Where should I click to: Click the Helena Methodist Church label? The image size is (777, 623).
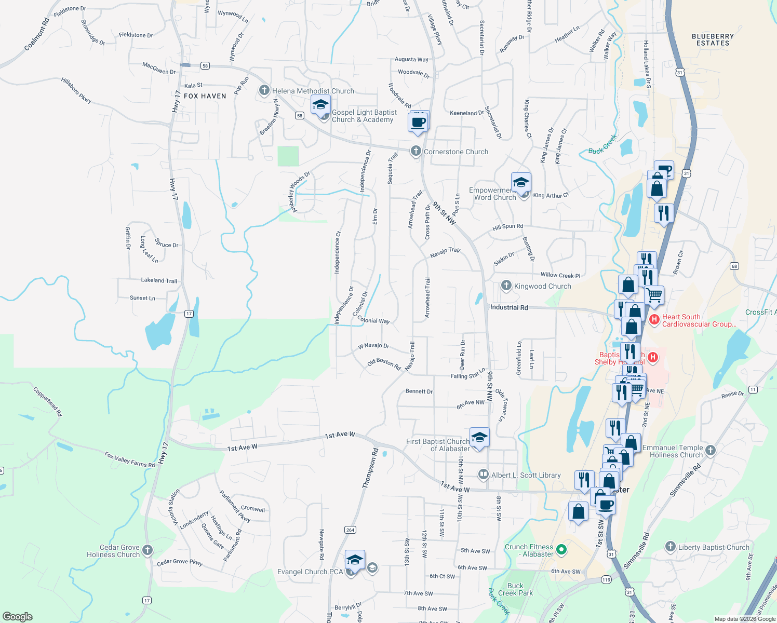pyautogui.click(x=313, y=91)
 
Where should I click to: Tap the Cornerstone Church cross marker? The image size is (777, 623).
pyautogui.click(x=416, y=151)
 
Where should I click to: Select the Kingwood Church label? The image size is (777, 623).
pyautogui.click(x=542, y=286)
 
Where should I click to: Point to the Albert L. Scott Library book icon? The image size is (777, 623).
pyautogui.click(x=483, y=475)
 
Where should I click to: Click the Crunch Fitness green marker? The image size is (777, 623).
pyautogui.click(x=561, y=549)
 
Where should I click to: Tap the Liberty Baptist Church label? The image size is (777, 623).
pyautogui.click(x=714, y=547)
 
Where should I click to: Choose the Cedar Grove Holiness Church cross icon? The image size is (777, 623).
pyautogui.click(x=148, y=550)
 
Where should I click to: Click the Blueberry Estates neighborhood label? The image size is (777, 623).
pyautogui.click(x=713, y=40)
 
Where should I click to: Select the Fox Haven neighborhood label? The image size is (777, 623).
pyautogui.click(x=205, y=96)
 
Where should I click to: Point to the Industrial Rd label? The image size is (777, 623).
pyautogui.click(x=509, y=307)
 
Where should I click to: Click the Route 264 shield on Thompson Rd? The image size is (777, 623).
pyautogui.click(x=350, y=530)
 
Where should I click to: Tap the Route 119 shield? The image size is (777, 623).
pyautogui.click(x=606, y=579)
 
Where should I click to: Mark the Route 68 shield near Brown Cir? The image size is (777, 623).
pyautogui.click(x=734, y=266)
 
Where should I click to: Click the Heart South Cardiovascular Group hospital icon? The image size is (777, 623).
pyautogui.click(x=654, y=319)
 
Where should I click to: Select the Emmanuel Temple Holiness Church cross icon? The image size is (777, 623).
pyautogui.click(x=711, y=450)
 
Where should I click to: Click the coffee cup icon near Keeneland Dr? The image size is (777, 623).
pyautogui.click(x=418, y=123)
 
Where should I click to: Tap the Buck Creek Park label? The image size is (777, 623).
pyautogui.click(x=515, y=589)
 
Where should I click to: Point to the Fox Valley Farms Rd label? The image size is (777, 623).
pyautogui.click(x=129, y=459)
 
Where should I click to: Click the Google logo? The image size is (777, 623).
pyautogui.click(x=18, y=617)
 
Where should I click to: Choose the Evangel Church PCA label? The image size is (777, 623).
pyautogui.click(x=310, y=572)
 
